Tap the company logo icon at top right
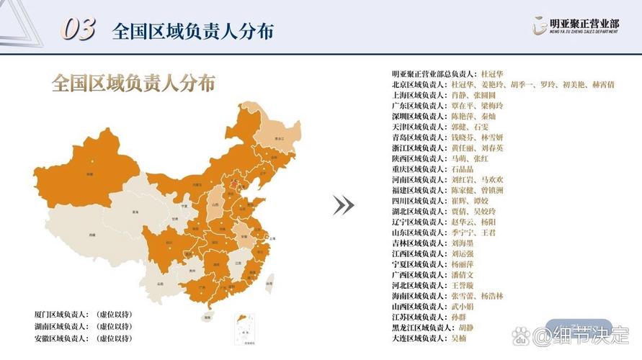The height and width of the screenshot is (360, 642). pos(538,27)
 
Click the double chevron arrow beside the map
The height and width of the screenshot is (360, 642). pos(343,206)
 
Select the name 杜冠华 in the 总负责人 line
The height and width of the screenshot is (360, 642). pos(491,74)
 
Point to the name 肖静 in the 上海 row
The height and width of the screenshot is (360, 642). pos(460,95)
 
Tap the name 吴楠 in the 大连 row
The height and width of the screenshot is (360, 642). pos(460,338)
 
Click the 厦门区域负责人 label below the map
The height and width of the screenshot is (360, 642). pos(61,315)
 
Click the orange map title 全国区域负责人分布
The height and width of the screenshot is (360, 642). pos(133,84)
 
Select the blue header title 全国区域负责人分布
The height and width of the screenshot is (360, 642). pos(193,32)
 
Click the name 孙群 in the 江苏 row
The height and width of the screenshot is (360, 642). pos(460,317)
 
